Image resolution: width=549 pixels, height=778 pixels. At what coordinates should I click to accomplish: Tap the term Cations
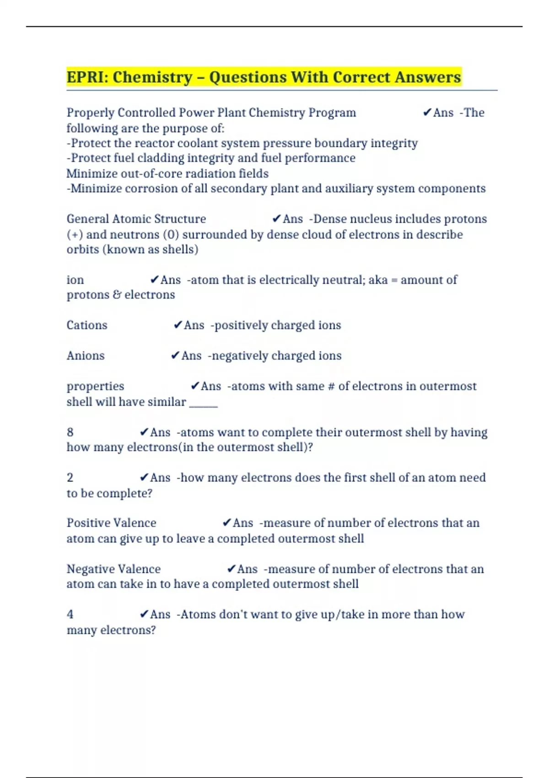tap(87, 325)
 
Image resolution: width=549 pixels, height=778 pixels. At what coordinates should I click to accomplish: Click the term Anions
tap(86, 356)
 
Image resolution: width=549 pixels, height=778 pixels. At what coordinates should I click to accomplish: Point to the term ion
tap(75, 280)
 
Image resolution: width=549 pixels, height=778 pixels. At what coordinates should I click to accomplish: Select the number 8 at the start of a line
tap(70, 432)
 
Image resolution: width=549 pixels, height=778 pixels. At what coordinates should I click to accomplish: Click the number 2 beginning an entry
tap(70, 477)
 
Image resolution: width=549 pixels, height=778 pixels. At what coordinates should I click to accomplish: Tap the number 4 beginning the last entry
tap(70, 614)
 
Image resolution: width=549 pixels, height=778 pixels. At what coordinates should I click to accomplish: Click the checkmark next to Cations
tap(178, 325)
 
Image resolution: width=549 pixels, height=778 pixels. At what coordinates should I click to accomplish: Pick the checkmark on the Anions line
tap(175, 356)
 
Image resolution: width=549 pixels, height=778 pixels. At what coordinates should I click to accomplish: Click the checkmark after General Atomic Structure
tap(276, 219)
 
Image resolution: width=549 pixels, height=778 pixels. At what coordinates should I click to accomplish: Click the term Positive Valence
tap(111, 523)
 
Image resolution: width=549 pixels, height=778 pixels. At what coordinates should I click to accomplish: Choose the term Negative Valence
tap(113, 569)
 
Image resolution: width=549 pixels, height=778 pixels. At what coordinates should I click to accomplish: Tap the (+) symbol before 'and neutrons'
tap(75, 234)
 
